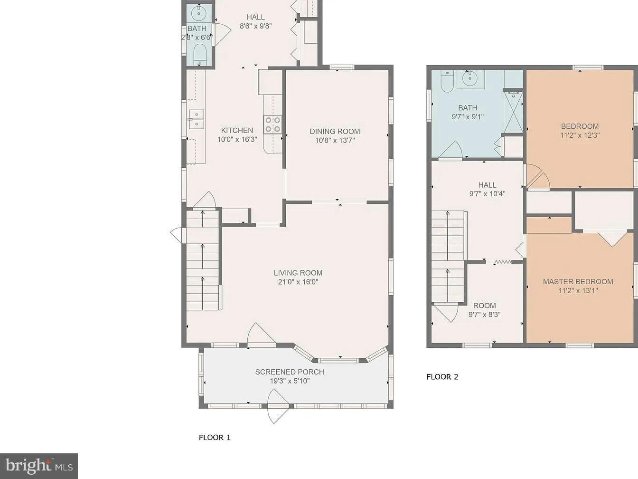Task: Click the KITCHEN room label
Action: click(237, 130)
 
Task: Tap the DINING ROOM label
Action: click(335, 132)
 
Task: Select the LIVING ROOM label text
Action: click(298, 273)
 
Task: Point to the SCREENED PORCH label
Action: click(290, 372)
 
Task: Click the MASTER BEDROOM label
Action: click(578, 281)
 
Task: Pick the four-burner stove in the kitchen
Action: click(272, 125)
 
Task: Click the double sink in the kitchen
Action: click(197, 119)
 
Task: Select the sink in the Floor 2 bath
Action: click(470, 79)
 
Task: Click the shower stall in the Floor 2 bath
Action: click(513, 112)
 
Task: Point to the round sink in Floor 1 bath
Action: click(199, 13)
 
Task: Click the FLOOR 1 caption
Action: click(215, 437)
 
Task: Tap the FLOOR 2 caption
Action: click(442, 377)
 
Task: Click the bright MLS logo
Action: click(38, 466)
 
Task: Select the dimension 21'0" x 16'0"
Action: click(298, 282)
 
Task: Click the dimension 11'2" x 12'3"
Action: click(580, 135)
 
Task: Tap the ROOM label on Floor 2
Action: click(485, 306)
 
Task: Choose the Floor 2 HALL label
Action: click(487, 185)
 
